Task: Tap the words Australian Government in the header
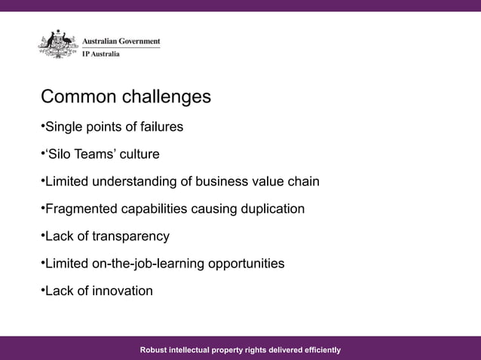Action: (x=121, y=42)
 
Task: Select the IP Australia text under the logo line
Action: (x=100, y=53)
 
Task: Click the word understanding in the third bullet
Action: (x=142, y=182)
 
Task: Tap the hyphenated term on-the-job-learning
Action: (x=147, y=264)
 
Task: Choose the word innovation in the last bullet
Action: (x=122, y=291)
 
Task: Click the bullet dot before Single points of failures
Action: (x=42, y=127)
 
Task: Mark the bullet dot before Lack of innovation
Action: (x=42, y=290)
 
